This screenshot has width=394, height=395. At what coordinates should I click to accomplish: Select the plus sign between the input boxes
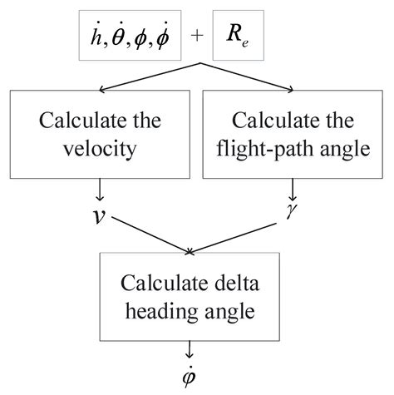pos(195,38)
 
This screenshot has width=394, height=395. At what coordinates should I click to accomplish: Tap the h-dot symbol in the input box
pos(91,37)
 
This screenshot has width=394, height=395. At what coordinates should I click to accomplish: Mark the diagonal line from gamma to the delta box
pos(241,234)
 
